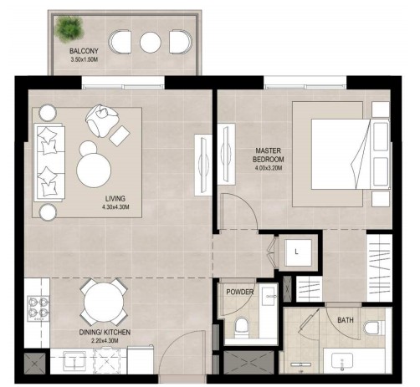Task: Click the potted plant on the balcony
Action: [x=69, y=28]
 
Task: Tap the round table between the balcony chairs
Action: [x=151, y=43]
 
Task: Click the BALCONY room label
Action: [x=84, y=51]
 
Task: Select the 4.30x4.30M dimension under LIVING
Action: [x=115, y=207]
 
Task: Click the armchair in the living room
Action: [x=102, y=120]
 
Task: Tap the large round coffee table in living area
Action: [x=94, y=171]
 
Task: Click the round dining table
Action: [x=104, y=303]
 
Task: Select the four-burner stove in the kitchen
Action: [x=38, y=309]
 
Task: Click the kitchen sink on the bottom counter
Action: [x=74, y=361]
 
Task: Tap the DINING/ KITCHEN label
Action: [x=105, y=332]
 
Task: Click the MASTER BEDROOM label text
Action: [x=269, y=155]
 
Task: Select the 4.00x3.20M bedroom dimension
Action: [x=269, y=168]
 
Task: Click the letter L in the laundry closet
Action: [x=296, y=252]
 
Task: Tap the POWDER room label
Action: [x=240, y=292]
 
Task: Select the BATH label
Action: [x=346, y=320]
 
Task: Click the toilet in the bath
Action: [x=374, y=328]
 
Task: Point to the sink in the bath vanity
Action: [x=342, y=361]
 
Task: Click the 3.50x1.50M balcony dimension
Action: [x=85, y=59]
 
